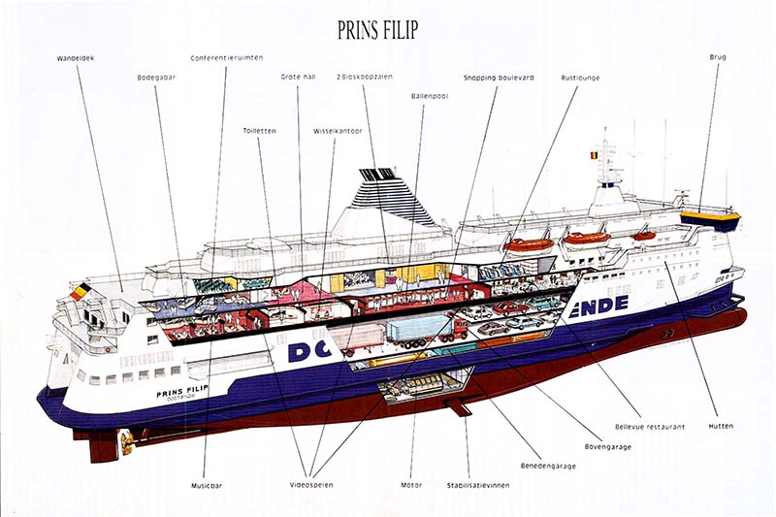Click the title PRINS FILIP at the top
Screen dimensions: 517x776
coord(377,31)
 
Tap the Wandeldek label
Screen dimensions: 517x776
coord(75,59)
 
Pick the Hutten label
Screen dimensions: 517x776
coord(720,426)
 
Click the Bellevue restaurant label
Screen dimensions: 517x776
coord(650,426)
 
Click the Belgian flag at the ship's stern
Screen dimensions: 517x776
coord(80,290)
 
